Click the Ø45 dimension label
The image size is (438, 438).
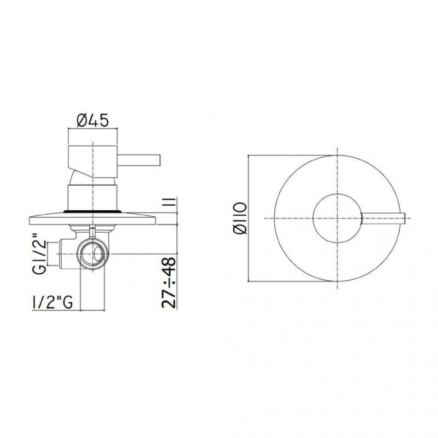coord(92,120)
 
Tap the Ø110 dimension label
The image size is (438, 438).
coord(240,218)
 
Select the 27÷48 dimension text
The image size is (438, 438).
coord(169,283)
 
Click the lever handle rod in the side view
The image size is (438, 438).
coord(139,160)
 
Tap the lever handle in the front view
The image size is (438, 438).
coord(383,218)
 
